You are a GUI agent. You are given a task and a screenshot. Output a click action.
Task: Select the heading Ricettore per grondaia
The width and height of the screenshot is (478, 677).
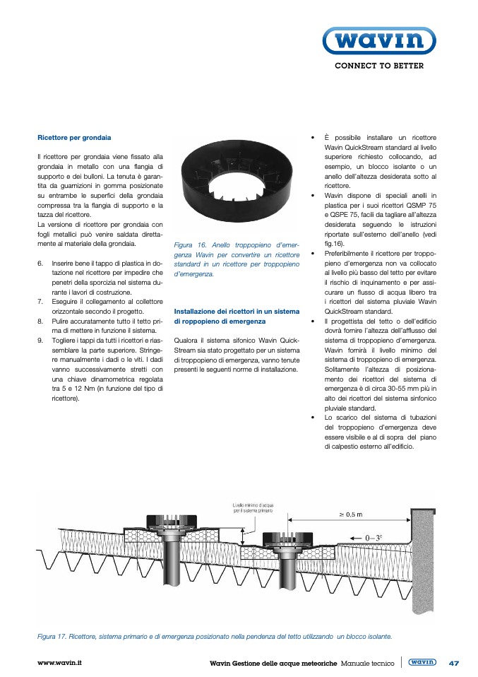[74, 137]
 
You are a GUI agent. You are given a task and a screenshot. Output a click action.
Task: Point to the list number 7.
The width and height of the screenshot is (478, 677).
[40, 302]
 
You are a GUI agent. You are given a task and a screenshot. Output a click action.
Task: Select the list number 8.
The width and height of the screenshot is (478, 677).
[40, 321]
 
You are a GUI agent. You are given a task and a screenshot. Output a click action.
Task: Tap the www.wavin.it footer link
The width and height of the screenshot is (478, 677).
[60, 663]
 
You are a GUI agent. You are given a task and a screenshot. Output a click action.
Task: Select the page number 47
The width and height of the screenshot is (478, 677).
[454, 663]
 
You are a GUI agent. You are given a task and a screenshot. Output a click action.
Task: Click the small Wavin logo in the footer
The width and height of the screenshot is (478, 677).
[422, 662]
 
